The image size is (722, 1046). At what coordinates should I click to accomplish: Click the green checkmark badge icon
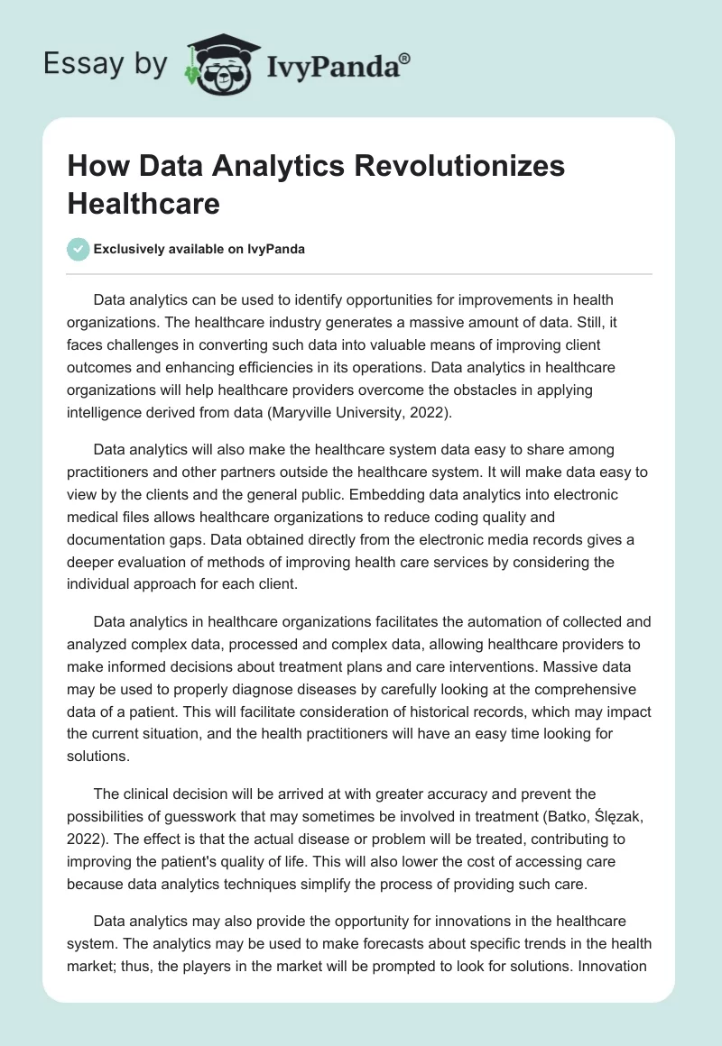[x=79, y=249]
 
